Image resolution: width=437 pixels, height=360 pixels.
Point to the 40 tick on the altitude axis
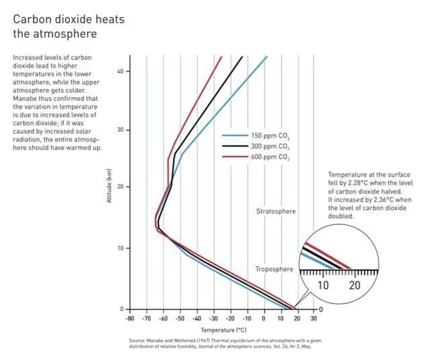point(120,71)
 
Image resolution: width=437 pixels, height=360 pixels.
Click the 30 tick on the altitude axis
point(120,130)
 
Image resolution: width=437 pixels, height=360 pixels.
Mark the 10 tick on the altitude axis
point(120,249)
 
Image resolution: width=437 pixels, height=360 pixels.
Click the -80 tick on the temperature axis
point(130,319)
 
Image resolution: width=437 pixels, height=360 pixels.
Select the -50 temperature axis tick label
point(180,319)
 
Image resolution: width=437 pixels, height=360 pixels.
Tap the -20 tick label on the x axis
point(231,319)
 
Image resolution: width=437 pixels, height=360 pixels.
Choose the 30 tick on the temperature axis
point(314,319)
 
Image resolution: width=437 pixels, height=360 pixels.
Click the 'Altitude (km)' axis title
point(109,186)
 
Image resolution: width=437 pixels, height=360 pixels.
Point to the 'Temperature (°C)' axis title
point(223,330)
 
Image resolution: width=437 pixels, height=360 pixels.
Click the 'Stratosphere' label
point(276,212)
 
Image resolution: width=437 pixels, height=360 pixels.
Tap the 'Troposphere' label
point(274,269)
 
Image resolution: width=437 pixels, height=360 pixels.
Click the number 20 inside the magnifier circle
point(355,285)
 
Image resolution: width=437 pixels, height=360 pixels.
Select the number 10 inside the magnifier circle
point(323,285)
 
